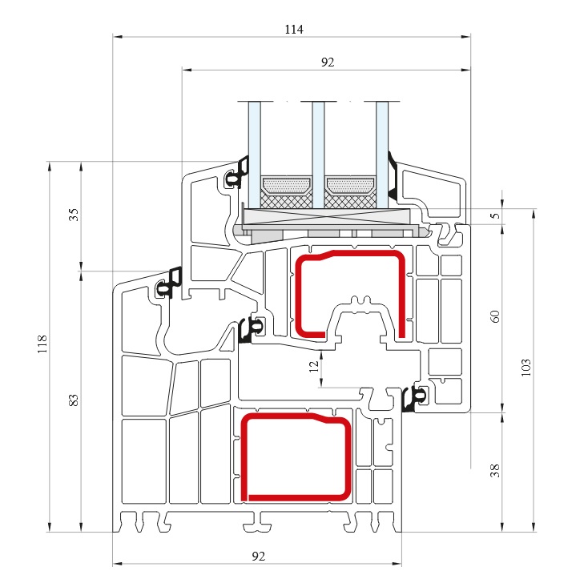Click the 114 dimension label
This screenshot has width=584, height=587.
[294, 29]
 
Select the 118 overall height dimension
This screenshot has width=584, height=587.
[42, 344]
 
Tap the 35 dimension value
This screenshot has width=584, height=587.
[75, 215]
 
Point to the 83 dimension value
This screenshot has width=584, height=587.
[75, 400]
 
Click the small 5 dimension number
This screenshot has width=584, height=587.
[496, 215]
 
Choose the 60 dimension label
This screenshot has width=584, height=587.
[495, 316]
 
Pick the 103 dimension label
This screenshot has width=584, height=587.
[526, 368]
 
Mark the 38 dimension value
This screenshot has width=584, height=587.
[495, 471]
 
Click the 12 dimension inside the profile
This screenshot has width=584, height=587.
[314, 366]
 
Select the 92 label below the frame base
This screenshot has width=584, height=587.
[259, 557]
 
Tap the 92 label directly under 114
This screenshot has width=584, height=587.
[328, 62]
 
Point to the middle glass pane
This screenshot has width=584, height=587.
[318, 155]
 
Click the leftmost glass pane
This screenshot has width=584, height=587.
[255, 155]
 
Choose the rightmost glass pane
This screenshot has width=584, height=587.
[382, 155]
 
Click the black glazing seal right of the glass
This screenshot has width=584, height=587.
[393, 176]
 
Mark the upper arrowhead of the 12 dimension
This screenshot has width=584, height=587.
[321, 354]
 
